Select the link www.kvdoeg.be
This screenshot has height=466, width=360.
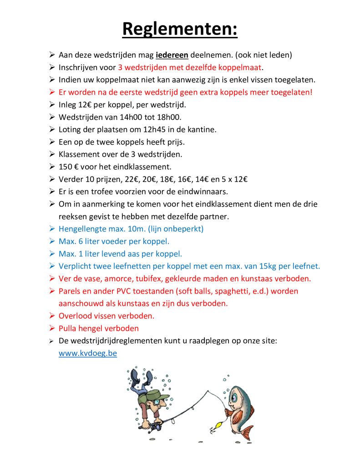[x=88, y=353]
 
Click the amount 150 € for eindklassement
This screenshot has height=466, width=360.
[x=69, y=167]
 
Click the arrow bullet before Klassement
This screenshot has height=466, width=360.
[x=52, y=154]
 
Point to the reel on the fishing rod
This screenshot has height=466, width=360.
[x=156, y=427]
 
